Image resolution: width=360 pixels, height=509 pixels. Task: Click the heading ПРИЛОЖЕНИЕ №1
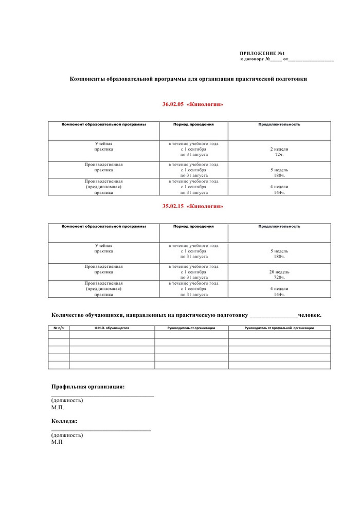click(262, 53)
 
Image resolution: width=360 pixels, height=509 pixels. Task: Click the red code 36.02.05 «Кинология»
click(193, 104)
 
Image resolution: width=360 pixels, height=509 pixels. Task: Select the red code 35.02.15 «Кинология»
click(193, 206)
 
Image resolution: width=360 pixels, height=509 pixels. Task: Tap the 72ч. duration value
click(279, 154)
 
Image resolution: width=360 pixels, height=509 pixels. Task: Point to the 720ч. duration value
click(279, 277)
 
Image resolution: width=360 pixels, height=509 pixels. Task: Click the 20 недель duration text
click(279, 271)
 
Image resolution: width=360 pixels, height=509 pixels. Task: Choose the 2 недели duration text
click(279, 149)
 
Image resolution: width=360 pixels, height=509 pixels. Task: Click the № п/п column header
click(59, 328)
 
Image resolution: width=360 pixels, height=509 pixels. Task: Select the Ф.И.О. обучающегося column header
click(112, 328)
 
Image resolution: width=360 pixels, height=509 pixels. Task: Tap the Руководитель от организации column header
click(191, 328)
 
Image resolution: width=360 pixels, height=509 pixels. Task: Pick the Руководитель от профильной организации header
click(279, 328)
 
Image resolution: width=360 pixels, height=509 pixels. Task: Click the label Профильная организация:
click(88, 386)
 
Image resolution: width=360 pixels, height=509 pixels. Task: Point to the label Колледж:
click(65, 421)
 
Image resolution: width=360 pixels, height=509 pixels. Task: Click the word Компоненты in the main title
click(91, 79)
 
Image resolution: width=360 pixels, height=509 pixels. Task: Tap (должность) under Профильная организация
click(67, 400)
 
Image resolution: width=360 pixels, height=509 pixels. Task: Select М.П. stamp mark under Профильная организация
click(58, 407)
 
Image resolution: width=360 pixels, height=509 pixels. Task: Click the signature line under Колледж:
click(101, 430)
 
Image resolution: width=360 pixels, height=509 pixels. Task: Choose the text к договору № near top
click(255, 60)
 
